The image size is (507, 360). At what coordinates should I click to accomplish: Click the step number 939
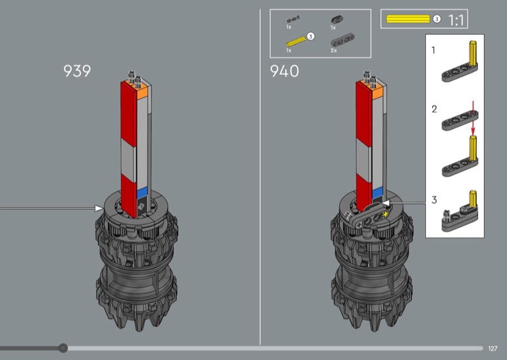[77, 71]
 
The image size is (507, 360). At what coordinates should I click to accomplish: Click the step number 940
[284, 71]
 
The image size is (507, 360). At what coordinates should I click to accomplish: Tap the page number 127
[493, 349]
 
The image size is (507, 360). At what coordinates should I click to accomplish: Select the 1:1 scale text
[456, 20]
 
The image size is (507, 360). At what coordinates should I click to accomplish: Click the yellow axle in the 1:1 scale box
[408, 19]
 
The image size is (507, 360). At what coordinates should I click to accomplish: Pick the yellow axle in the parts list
[296, 42]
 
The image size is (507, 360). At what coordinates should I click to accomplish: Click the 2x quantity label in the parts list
[334, 51]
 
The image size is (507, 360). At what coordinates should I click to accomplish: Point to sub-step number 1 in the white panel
[433, 50]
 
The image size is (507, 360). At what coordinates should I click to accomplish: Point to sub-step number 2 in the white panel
[434, 109]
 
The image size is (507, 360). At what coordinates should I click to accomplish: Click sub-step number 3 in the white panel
[434, 200]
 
